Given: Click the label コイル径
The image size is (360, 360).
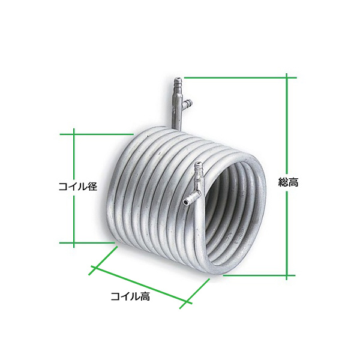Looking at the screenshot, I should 77,187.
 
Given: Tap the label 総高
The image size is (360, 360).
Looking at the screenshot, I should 289,182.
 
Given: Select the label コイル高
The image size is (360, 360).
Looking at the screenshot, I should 130,296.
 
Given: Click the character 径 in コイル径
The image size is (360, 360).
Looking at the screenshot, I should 91,187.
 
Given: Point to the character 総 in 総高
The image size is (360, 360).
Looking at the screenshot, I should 283,182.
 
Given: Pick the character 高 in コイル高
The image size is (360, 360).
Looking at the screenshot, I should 145,296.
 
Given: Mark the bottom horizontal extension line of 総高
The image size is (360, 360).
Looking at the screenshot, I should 258,276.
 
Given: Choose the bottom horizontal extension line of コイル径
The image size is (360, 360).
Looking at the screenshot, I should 87,243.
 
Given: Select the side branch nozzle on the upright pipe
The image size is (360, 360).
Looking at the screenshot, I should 188,105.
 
